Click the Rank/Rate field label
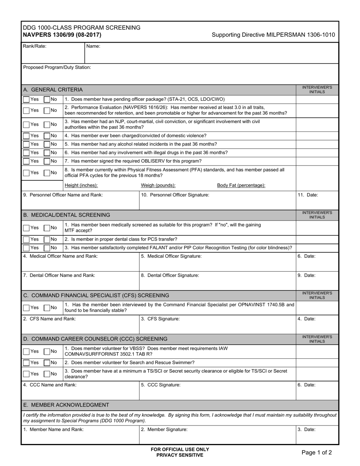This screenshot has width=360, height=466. [x=35, y=46]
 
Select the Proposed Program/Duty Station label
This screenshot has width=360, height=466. [x=57, y=67]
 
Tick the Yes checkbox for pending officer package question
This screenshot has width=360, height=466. [x=26, y=99]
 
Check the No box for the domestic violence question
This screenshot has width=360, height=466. [x=47, y=136]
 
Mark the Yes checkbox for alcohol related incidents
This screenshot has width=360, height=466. [x=26, y=144]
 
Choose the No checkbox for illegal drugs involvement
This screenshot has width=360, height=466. [x=47, y=152]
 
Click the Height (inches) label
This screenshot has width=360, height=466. [x=81, y=185]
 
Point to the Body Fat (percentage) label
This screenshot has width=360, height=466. [x=241, y=185]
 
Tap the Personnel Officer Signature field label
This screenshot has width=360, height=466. [x=175, y=195]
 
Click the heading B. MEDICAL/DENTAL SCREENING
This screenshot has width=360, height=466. [x=67, y=215]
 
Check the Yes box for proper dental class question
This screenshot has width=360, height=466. [x=26, y=239]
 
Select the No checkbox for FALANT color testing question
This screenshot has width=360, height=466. [x=47, y=248]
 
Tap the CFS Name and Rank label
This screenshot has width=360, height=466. [x=49, y=319]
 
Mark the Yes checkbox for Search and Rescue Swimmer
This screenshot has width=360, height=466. [x=26, y=363]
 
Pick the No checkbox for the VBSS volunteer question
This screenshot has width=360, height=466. [x=47, y=351]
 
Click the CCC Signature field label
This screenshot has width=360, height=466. [x=161, y=385]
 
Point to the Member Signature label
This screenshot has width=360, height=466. [x=164, y=430]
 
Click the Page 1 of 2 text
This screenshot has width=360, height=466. [x=316, y=452]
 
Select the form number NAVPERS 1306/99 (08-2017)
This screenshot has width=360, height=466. [x=62, y=35]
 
